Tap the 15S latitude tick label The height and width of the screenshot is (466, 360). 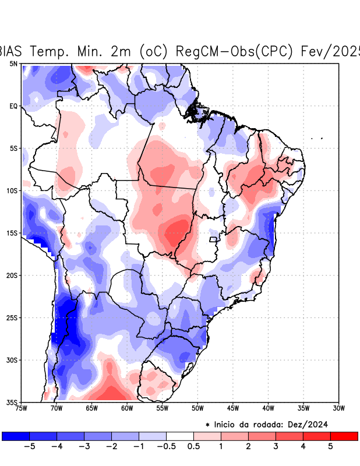click(x=12, y=233)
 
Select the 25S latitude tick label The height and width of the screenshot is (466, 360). click(x=12, y=317)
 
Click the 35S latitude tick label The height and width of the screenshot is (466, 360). click(x=12, y=402)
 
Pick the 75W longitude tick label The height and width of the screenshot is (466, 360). click(x=22, y=408)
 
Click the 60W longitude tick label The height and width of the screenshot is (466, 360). click(x=127, y=408)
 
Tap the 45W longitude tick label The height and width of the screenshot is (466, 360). click(x=233, y=408)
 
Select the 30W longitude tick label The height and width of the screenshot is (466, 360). click(x=338, y=408)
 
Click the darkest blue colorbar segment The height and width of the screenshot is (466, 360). click(x=16, y=436)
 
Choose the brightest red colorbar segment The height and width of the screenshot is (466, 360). click(x=344, y=436)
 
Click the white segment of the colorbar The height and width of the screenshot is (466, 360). click(x=180, y=436)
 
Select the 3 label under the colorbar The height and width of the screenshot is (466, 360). click(x=276, y=447)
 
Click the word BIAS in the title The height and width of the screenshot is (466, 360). click(x=12, y=51)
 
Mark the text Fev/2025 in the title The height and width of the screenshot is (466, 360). click(x=330, y=51)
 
